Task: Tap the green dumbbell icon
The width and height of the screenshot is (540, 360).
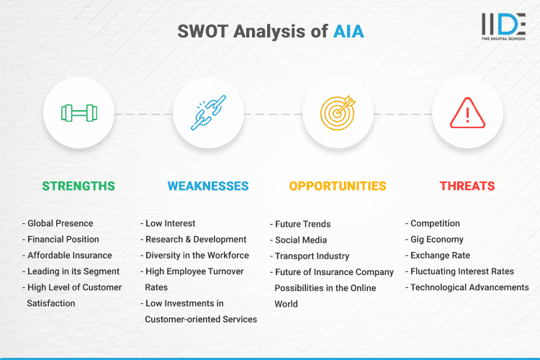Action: (x=79, y=113)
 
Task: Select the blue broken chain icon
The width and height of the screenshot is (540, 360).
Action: (x=209, y=113)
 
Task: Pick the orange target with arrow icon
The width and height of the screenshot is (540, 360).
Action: (x=338, y=113)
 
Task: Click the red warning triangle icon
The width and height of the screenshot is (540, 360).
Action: (x=468, y=113)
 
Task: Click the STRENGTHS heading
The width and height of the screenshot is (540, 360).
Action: (x=78, y=186)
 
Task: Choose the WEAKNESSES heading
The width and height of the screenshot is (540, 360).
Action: (x=208, y=186)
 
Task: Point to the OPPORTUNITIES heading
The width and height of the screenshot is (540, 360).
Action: (x=338, y=186)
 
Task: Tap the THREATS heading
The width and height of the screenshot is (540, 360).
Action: (x=467, y=186)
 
